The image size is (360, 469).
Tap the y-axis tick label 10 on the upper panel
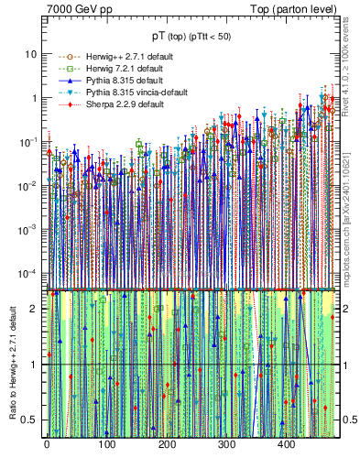tap(30, 53)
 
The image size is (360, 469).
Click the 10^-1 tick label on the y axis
tap(28, 141)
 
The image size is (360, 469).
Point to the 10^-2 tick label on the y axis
tap(28, 185)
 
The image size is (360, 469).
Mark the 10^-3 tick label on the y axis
tap(28, 229)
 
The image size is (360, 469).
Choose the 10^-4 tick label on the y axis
tap(28, 273)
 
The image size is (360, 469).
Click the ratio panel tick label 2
tap(35, 308)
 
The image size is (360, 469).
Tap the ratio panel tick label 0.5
tap(30, 420)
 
